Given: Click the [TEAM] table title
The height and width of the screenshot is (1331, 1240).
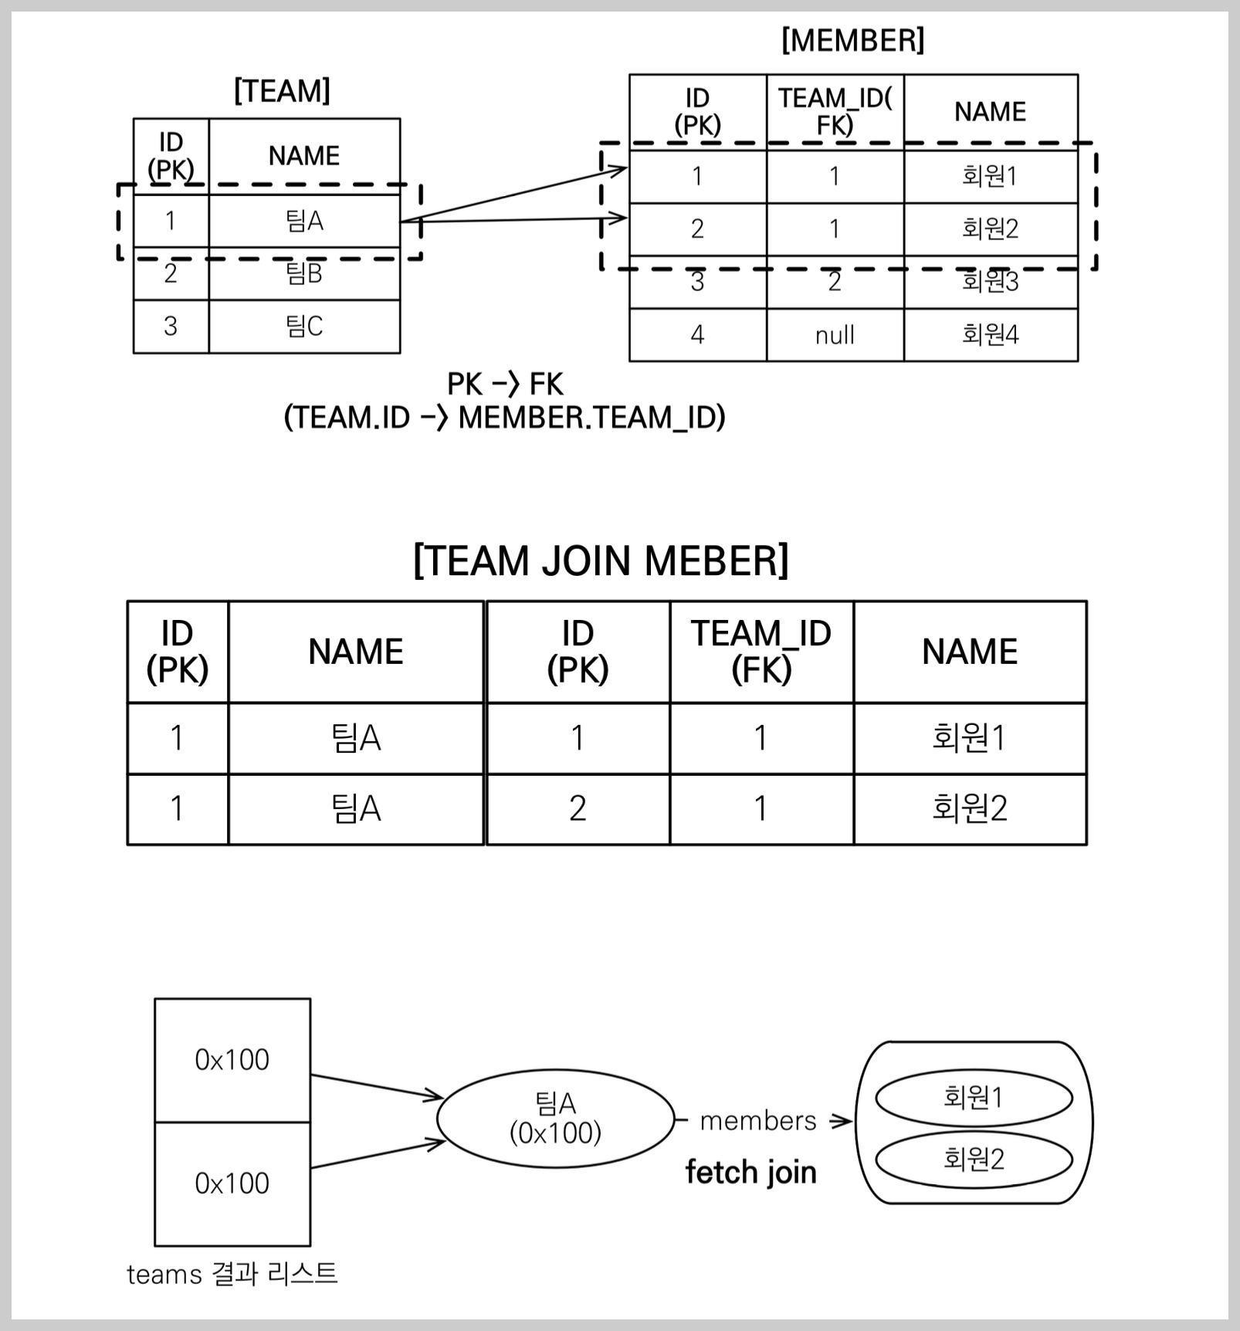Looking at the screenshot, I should point(282,91).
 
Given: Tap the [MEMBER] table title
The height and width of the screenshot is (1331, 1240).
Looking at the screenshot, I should point(852,40).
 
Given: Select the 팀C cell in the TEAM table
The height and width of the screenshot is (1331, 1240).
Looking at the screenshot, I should point(304,327).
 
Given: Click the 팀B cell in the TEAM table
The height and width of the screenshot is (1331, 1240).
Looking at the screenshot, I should point(304,274).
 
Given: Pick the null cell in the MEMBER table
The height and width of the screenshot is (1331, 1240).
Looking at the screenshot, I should point(835,335).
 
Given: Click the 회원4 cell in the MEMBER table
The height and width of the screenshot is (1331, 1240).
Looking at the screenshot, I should point(990,334).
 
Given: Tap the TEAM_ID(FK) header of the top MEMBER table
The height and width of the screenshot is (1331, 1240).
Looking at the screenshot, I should point(835,111).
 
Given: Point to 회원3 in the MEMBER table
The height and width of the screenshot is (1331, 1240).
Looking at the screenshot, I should point(990,282).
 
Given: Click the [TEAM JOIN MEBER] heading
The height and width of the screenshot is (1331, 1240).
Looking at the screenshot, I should point(601,561).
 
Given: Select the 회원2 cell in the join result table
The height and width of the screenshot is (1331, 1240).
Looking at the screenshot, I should point(970,808).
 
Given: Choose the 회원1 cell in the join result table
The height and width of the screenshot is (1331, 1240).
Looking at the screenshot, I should point(970,738).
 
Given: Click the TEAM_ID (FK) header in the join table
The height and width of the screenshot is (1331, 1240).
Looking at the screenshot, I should point(761,651).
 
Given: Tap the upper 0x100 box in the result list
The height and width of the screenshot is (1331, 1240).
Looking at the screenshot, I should point(232,1060).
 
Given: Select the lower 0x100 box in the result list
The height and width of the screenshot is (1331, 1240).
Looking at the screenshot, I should point(232,1184).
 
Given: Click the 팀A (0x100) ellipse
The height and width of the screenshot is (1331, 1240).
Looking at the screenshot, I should point(555,1118).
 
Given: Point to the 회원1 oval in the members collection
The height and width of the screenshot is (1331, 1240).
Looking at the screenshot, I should point(974,1097).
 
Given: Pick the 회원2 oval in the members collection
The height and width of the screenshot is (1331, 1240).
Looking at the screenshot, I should point(974,1159).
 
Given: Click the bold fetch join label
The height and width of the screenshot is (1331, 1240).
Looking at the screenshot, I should point(750,1173).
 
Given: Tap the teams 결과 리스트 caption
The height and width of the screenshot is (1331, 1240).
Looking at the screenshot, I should point(232,1274).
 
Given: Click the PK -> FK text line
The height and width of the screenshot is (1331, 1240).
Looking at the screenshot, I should point(505,384).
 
